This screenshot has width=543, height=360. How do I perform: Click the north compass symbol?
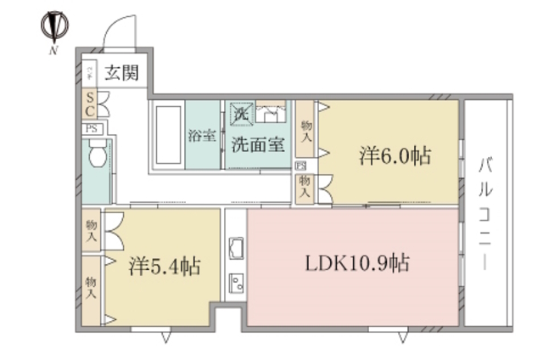[x=54, y=25]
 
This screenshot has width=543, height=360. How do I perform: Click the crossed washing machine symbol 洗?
[x=241, y=112]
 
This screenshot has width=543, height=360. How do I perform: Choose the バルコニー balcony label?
[x=485, y=212]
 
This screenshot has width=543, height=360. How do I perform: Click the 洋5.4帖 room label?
[x=164, y=266]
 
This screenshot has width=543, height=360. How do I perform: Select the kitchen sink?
[x=236, y=250]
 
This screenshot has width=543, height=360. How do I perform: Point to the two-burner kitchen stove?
[x=236, y=283]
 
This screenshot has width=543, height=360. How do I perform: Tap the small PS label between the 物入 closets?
[x=301, y=166]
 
